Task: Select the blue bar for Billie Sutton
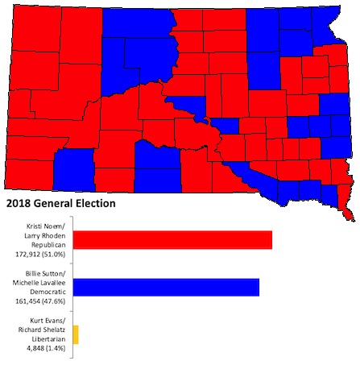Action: click(166, 288)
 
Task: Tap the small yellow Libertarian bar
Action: click(76, 334)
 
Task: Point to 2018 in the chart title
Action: click(19, 204)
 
